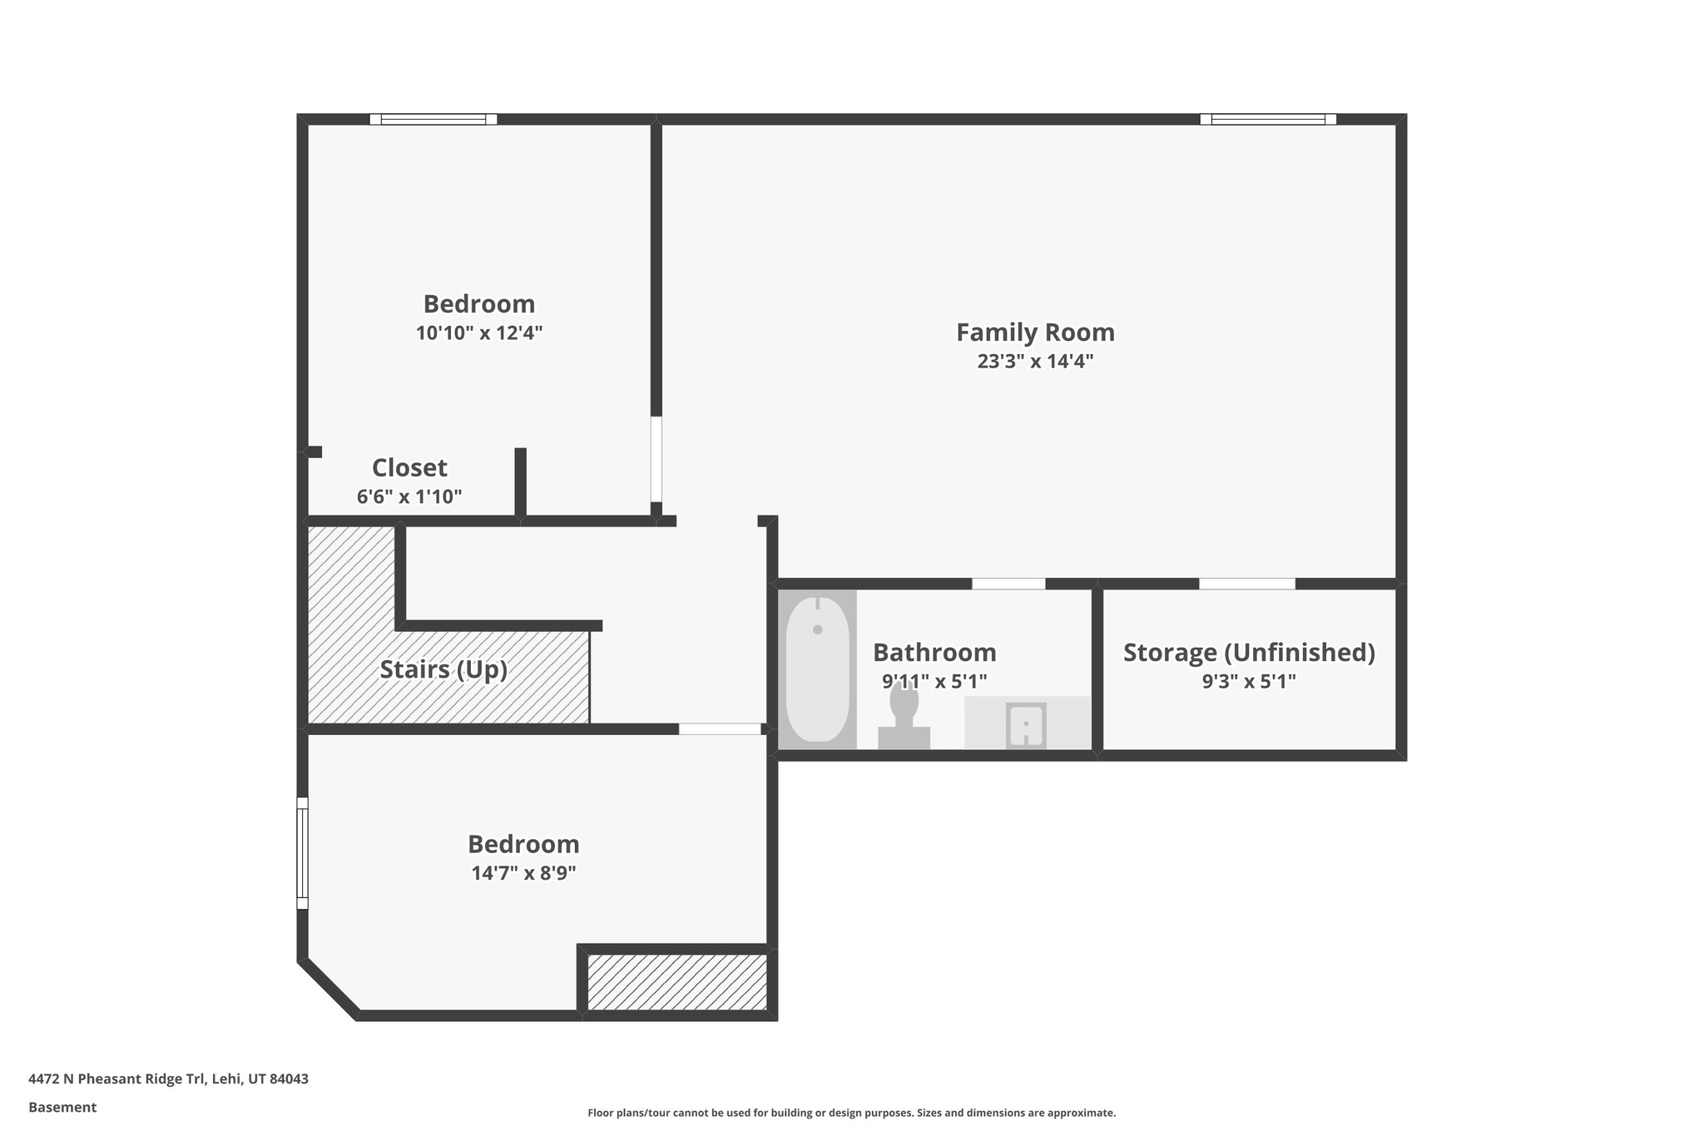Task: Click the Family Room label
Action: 1035,333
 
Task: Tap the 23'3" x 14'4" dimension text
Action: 1035,362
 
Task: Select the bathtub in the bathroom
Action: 817,669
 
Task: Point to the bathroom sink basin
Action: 1026,725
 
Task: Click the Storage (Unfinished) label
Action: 1248,653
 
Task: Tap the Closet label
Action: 409,467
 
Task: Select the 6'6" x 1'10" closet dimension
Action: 409,497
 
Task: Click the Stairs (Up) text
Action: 443,669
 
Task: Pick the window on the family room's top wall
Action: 1268,119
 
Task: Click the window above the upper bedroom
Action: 433,119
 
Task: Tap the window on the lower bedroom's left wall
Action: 303,853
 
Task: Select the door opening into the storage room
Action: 1246,584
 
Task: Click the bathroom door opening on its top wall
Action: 1008,584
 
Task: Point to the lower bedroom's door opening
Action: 720,729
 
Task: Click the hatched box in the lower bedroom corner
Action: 677,982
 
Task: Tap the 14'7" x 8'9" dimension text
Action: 523,873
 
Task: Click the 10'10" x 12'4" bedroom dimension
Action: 479,333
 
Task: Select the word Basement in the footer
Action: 62,1107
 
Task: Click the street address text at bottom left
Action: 168,1078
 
